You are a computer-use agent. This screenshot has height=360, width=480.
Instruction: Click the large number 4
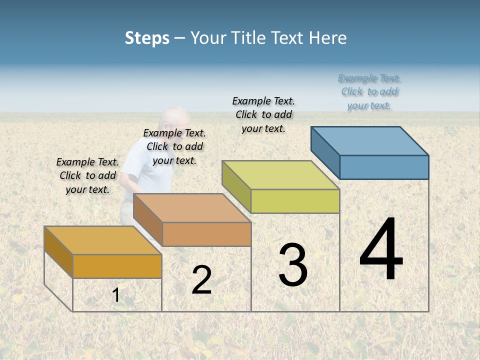tap(381, 250)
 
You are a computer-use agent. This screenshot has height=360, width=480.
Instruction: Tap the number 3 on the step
tap(292, 265)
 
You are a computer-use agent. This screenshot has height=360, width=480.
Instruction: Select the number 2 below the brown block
tap(201, 280)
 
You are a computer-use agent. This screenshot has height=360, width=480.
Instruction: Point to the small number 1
tap(116, 295)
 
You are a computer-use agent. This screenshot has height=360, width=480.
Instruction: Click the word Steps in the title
tap(147, 38)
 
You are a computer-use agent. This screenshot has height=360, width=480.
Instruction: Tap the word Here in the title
tap(327, 38)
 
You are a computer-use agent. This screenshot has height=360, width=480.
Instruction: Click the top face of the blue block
tap(370, 140)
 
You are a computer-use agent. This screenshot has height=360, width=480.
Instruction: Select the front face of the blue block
tap(384, 167)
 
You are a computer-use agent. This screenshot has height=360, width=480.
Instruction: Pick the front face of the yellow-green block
tap(295, 201)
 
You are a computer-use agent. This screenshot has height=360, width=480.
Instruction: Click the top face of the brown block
tap(192, 208)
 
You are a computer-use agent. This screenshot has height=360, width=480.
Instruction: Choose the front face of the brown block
tap(206, 234)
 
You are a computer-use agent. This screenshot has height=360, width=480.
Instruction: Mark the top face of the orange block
tap(103, 240)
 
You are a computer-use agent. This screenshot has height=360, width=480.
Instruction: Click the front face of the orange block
tap(117, 266)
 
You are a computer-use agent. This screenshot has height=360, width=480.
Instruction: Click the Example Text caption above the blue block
tap(369, 92)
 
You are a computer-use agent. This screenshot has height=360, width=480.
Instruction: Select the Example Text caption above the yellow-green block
tap(263, 114)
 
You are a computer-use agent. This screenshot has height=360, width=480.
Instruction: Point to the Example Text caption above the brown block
tap(174, 146)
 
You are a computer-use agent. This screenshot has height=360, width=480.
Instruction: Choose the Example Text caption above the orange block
tap(87, 175)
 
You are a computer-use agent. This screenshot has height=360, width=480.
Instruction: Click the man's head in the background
tap(172, 120)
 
